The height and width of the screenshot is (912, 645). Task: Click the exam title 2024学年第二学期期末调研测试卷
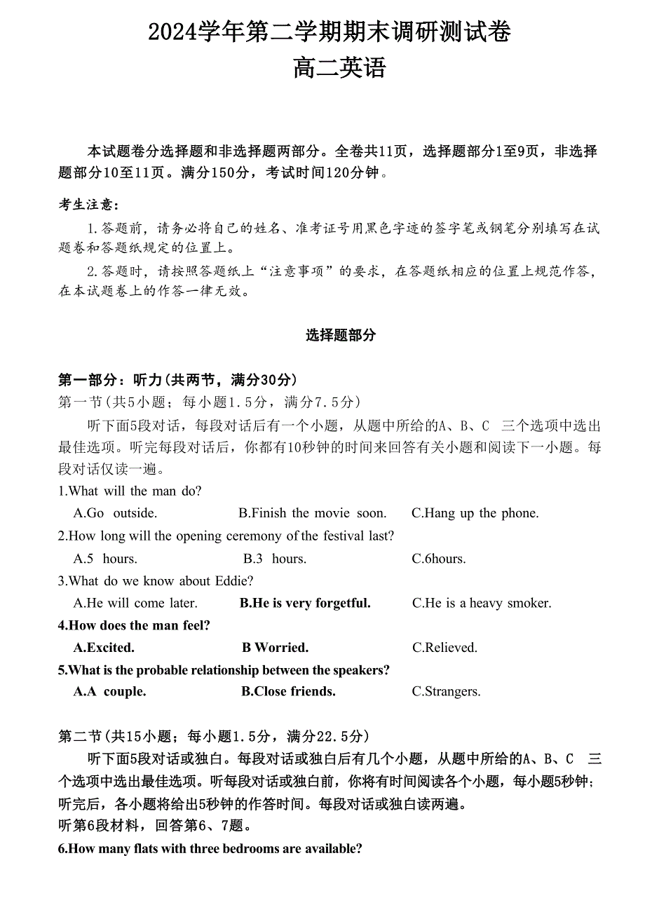[330, 32]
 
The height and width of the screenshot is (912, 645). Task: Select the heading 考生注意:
[88, 205]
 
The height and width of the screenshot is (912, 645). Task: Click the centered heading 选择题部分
[341, 335]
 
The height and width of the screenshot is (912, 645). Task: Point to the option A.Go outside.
[115, 513]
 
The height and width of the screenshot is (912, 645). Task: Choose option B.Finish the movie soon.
[312, 513]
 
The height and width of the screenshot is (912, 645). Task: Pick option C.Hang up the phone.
[475, 513]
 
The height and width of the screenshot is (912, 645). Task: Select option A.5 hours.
[105, 559]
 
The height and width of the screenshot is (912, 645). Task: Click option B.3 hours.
[275, 559]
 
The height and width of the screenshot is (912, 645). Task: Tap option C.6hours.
[439, 559]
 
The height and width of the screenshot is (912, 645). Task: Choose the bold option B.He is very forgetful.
[305, 603]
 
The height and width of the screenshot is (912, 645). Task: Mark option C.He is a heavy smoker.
[482, 603]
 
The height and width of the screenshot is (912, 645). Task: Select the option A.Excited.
[104, 647]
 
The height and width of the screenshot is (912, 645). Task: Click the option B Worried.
[275, 647]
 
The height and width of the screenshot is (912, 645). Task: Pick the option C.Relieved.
[444, 647]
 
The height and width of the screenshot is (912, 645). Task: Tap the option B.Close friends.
[288, 691]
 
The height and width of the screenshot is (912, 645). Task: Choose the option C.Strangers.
[446, 691]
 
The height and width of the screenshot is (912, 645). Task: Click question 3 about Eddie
[156, 580]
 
